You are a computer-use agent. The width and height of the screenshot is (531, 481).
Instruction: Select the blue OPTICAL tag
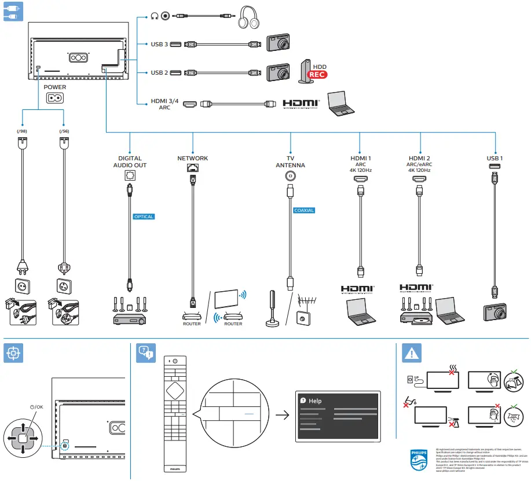click(x=144, y=216)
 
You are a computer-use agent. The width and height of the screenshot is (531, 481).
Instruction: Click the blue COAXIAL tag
click(x=304, y=210)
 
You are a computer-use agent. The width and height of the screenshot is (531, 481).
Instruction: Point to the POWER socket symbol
click(x=55, y=98)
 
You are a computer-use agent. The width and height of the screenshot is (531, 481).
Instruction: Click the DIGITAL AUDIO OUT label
click(x=130, y=161)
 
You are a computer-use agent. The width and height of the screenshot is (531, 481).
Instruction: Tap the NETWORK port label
click(x=192, y=158)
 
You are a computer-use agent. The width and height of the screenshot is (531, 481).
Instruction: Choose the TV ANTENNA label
click(x=290, y=161)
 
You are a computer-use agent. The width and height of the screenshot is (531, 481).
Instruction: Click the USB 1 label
click(x=495, y=158)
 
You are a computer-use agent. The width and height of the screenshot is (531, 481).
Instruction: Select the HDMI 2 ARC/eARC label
click(x=419, y=164)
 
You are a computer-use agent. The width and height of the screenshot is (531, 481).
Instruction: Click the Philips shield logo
click(x=419, y=460)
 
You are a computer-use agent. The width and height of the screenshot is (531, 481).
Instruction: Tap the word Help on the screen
click(x=315, y=401)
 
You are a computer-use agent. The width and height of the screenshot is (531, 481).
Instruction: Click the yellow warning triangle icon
click(x=411, y=353)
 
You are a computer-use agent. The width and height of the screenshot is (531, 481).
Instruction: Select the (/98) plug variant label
click(x=21, y=131)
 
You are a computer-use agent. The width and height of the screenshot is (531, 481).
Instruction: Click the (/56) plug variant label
click(x=63, y=131)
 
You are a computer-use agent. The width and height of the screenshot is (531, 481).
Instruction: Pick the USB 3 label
click(x=159, y=44)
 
